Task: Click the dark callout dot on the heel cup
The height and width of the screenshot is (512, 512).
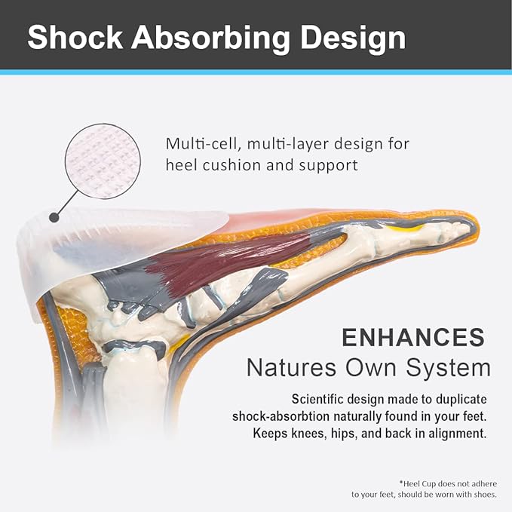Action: click(54, 217)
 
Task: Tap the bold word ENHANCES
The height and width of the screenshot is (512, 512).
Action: click(413, 337)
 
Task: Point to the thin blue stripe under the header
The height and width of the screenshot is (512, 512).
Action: click(256, 72)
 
